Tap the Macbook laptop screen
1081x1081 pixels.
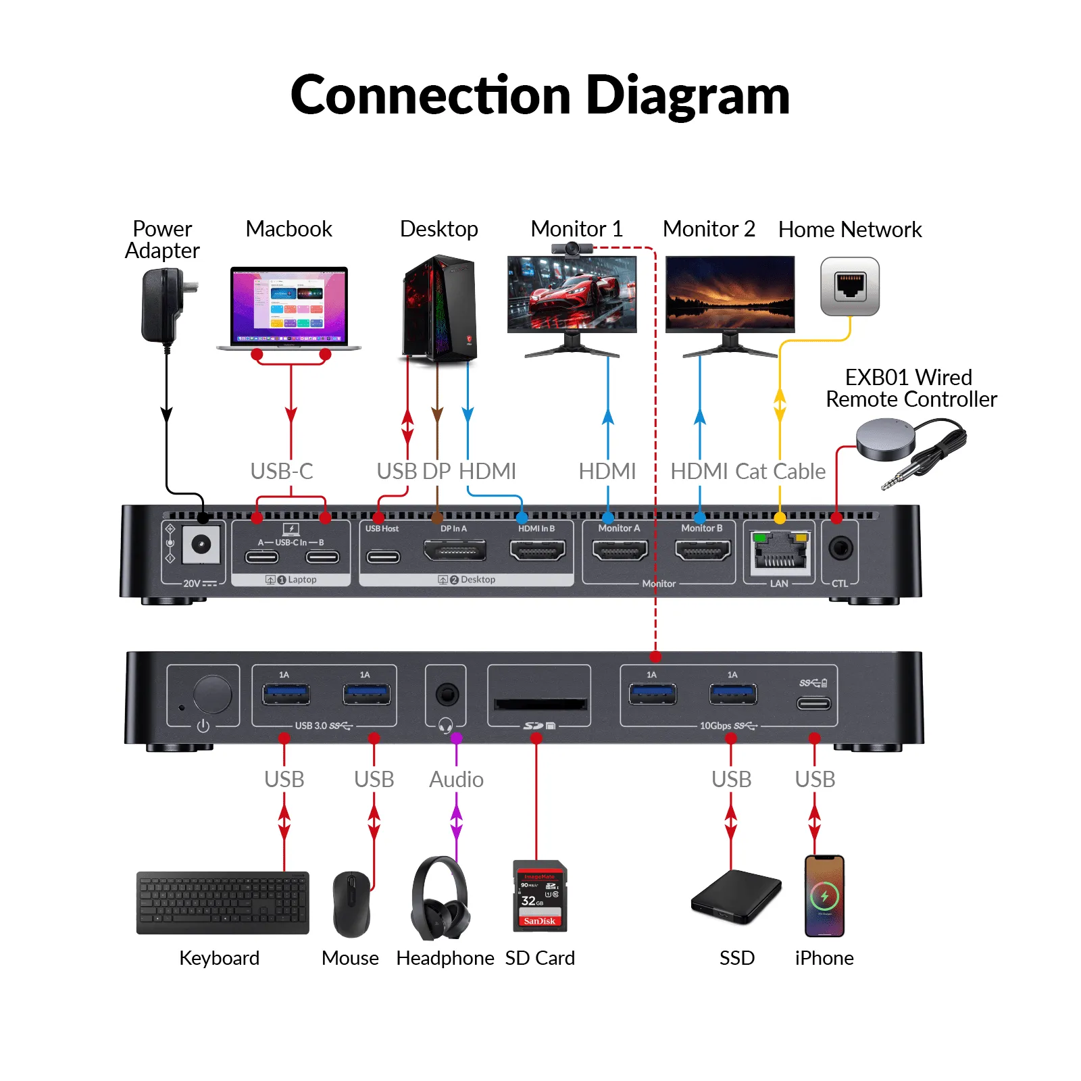coord(289,305)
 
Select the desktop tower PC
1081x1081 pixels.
coord(440,308)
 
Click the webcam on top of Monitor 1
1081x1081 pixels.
coord(572,249)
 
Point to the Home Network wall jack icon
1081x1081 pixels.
coord(850,286)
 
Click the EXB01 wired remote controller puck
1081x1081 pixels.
coord(886,438)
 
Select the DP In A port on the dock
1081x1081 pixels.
coord(455,551)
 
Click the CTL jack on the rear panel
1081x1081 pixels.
coord(840,548)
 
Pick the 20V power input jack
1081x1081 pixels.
coord(201,545)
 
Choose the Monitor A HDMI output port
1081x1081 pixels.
coord(620,551)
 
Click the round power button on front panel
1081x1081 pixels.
coord(212,694)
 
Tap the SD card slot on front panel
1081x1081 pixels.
coord(540,704)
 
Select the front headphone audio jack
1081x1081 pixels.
coord(447,694)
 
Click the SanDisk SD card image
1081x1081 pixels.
coord(540,896)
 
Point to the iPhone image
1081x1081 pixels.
coord(824,896)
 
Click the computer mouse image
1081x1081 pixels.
coord(352,904)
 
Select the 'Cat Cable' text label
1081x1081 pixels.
coord(780,471)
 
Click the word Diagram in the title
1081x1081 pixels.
coord(688,95)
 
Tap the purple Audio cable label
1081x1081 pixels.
coord(457,779)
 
